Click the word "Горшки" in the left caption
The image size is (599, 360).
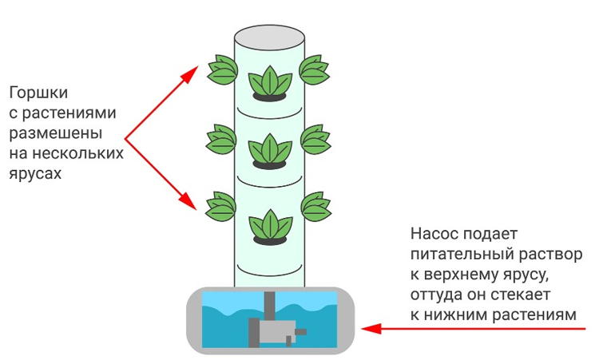(x=34, y=93)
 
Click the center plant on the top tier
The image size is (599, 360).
(x=269, y=81)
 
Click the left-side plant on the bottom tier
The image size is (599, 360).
(x=221, y=208)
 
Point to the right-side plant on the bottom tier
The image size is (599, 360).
(x=316, y=208)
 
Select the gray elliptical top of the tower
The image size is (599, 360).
(x=269, y=37)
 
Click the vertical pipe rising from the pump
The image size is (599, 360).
(x=270, y=305)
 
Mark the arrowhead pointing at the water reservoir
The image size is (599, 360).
(x=367, y=327)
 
